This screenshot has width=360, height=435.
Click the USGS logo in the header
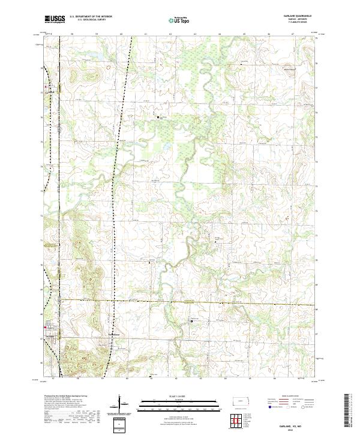point(55,19)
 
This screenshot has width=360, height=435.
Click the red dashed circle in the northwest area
point(108,68)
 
